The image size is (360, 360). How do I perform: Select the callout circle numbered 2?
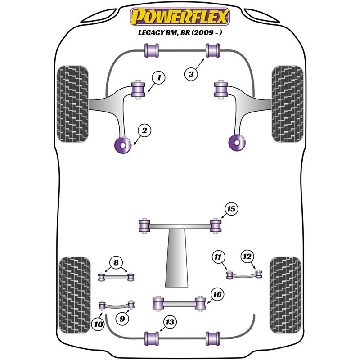pos(145,131)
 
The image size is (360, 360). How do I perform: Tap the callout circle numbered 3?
pos(191,74)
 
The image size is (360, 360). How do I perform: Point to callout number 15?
pos(231,209)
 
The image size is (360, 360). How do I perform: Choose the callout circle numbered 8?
pos(116,263)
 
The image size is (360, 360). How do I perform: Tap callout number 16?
pos(217,295)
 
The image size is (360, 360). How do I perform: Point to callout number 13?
pos(170,322)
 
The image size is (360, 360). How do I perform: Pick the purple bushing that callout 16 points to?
pos(201,303)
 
